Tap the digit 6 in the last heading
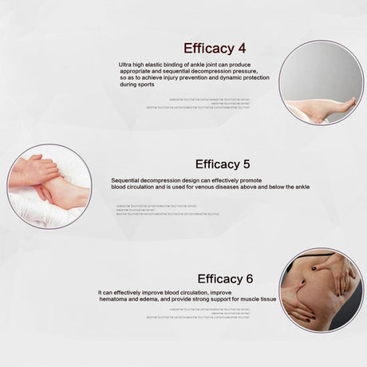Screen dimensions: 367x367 click(249, 278)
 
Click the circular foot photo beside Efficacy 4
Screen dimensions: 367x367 click(321, 82)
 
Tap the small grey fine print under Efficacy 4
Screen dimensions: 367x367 click(199, 102)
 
